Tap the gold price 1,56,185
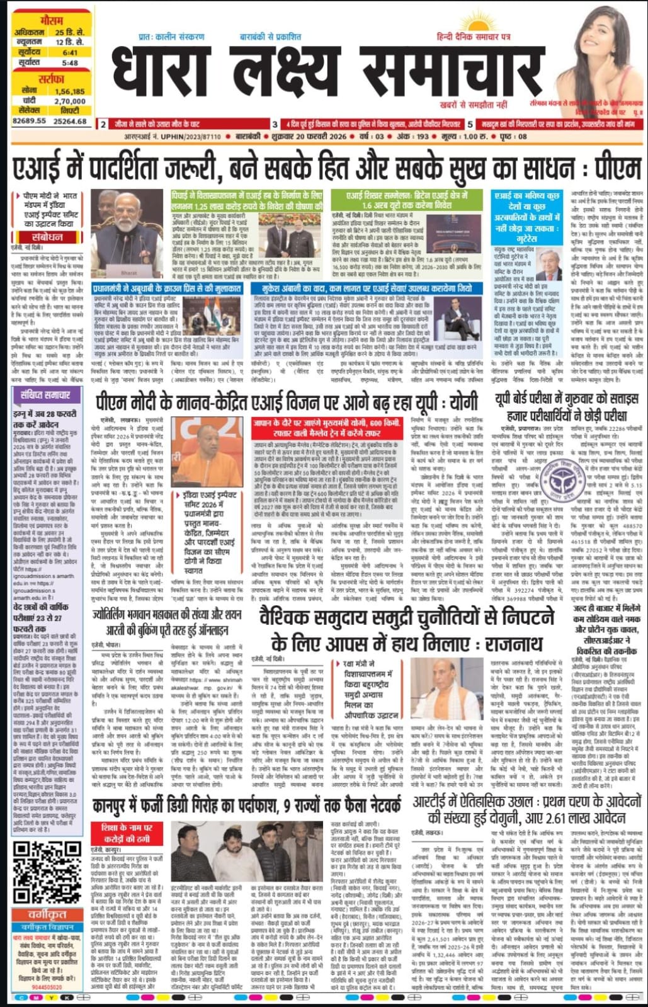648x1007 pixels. pyautogui.click(x=70, y=91)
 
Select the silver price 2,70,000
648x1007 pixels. pyautogui.click(x=70, y=101)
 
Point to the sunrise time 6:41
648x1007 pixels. pyautogui.click(x=70, y=53)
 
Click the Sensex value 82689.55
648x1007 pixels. pyautogui.click(x=30, y=121)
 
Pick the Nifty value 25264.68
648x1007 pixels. pyautogui.click(x=70, y=121)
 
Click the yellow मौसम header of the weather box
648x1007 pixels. pyautogui.click(x=48, y=20)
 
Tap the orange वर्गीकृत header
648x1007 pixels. pyautogui.click(x=47, y=914)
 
